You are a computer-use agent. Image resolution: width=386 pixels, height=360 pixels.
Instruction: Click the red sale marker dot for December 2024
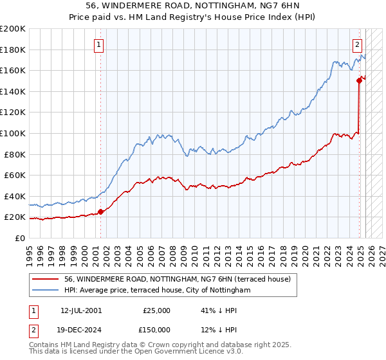[359, 80]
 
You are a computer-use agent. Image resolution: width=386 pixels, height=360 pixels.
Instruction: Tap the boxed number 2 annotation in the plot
[357, 45]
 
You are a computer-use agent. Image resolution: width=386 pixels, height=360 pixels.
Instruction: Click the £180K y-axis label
[13, 50]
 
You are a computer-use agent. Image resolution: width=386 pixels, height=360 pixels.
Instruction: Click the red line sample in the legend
[45, 279]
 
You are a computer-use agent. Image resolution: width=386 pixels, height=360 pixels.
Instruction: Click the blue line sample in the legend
[45, 290]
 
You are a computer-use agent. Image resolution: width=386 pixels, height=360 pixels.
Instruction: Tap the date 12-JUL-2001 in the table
[80, 310]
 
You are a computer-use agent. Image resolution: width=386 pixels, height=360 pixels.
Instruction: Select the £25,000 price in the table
[156, 310]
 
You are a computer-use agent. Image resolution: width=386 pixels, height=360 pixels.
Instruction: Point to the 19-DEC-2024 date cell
[80, 329]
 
